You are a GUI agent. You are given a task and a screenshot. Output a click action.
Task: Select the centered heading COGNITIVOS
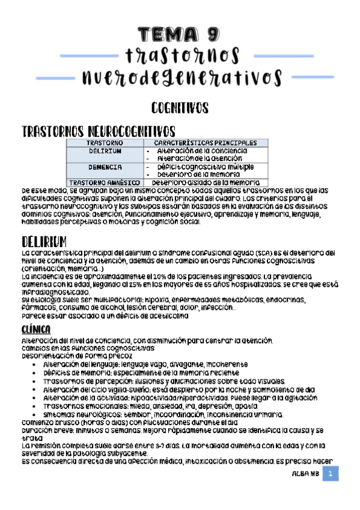click(x=180, y=108)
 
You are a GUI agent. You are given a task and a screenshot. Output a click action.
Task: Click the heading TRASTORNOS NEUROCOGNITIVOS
click(x=99, y=131)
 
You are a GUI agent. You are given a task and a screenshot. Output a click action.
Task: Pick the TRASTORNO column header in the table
click(x=105, y=143)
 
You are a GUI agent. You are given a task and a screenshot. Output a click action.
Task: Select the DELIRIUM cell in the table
click(x=105, y=151)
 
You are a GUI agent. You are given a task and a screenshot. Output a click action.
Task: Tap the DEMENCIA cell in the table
click(x=105, y=167)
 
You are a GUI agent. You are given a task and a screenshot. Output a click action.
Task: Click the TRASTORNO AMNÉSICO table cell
click(x=105, y=182)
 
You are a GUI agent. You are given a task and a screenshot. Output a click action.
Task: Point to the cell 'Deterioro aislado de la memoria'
click(x=206, y=182)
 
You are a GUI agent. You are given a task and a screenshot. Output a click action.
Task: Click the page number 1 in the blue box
click(x=330, y=475)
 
